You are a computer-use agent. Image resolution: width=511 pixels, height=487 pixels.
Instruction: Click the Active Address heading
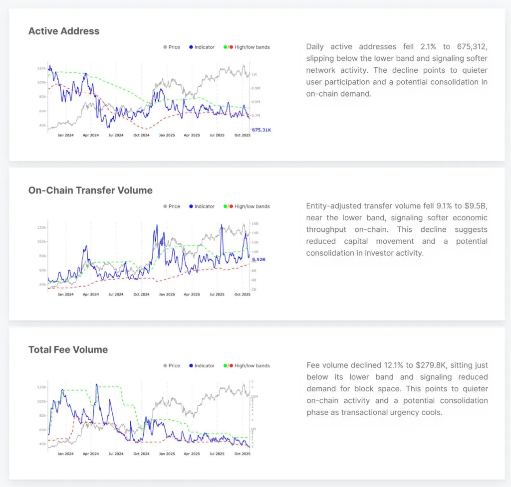tap(64, 31)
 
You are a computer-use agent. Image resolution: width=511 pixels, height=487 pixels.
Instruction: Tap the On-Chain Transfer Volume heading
tap(90, 190)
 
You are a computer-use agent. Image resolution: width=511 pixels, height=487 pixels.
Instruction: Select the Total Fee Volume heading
tap(68, 349)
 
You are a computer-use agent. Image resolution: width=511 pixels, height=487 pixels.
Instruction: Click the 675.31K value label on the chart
tap(261, 130)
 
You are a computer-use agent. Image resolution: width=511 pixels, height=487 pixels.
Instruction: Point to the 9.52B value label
tap(258, 260)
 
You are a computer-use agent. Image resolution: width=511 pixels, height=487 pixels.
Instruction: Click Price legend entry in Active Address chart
tap(172, 47)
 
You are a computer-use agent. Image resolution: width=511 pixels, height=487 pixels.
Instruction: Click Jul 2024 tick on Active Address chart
tap(116, 135)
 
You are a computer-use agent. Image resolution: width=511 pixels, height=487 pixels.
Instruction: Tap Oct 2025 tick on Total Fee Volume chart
tap(242, 454)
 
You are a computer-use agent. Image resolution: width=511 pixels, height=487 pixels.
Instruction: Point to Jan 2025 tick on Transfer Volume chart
tap(167, 295)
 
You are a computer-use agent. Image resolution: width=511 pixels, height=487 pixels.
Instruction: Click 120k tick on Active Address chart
tap(41, 68)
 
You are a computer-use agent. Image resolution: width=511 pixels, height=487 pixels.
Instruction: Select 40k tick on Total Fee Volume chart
tap(42, 444)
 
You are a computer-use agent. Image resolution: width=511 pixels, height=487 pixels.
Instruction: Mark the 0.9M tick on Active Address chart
tap(255, 88)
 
